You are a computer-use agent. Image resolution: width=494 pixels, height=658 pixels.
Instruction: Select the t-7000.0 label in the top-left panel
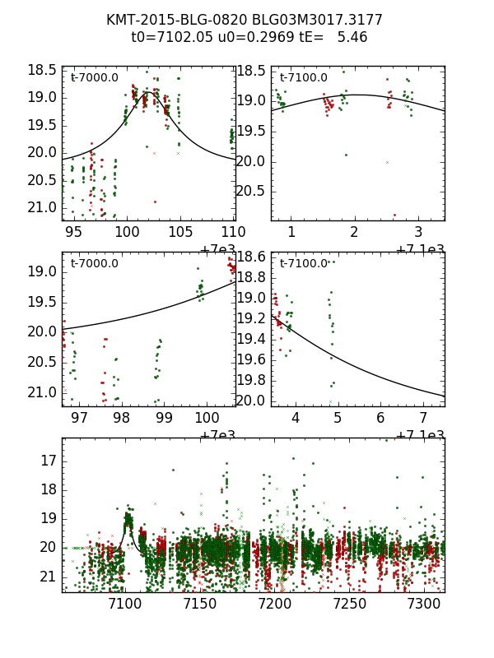94,78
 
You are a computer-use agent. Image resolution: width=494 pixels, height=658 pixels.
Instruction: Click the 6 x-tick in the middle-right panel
380,419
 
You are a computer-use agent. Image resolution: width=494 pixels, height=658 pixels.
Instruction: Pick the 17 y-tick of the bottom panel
48,460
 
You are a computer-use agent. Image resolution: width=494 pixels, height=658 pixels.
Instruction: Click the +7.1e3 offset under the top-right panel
420,249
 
